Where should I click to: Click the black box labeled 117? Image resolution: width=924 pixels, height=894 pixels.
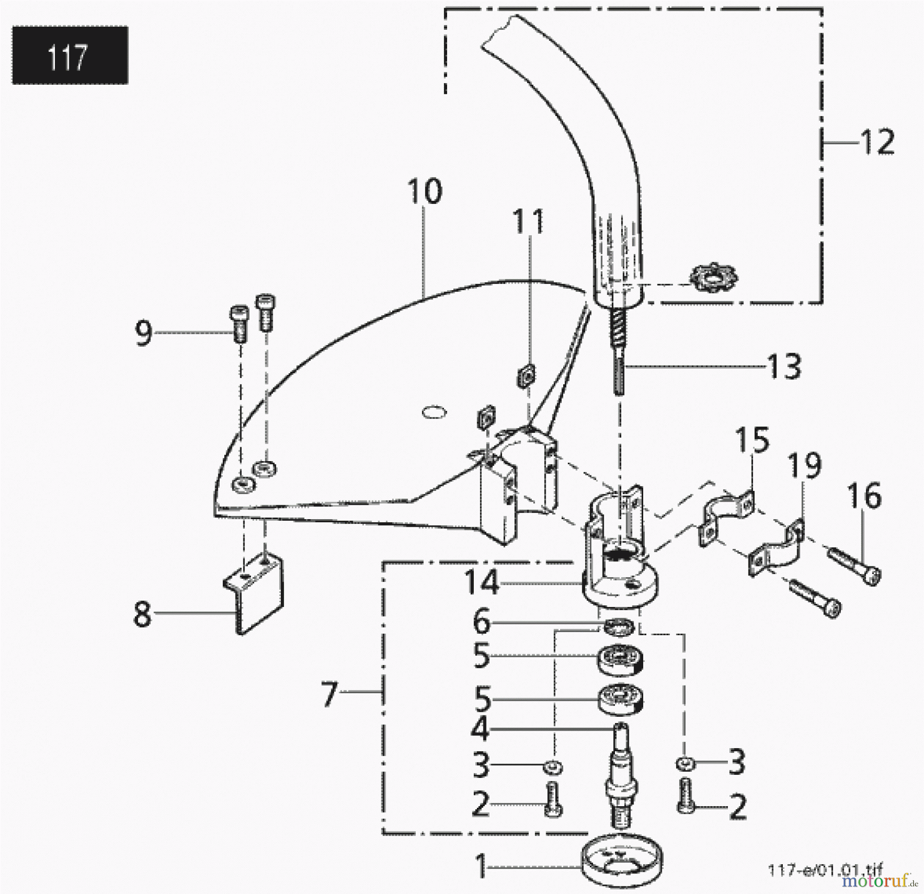(70, 55)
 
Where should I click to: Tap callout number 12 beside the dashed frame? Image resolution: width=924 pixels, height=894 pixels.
(877, 142)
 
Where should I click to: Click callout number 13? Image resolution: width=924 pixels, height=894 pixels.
(784, 367)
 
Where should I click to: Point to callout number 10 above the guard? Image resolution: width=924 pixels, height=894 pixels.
(425, 192)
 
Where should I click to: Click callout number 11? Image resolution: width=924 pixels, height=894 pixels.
(529, 222)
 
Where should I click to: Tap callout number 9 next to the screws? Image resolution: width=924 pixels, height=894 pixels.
(144, 333)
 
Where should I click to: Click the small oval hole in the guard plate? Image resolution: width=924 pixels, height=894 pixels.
(434, 412)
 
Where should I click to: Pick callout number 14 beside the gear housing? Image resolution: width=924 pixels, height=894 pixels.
(482, 583)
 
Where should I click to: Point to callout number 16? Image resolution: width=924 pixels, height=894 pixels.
(865, 496)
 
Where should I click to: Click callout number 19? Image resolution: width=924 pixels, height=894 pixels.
(804, 466)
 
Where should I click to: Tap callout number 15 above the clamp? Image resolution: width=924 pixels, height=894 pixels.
(752, 440)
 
